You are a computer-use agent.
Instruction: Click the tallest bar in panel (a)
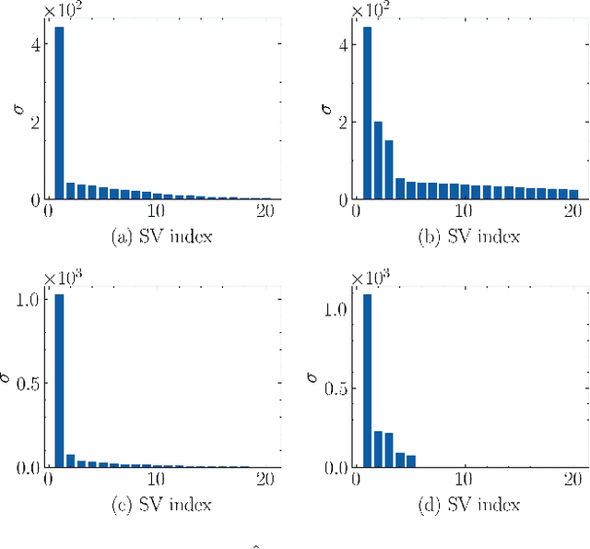point(59,113)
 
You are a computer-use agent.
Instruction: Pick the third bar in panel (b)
point(389,170)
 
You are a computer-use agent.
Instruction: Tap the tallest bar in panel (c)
point(59,381)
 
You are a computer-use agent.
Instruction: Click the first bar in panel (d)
point(367,381)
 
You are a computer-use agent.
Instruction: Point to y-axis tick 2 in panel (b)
point(342,122)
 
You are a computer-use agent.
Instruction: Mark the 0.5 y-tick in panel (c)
point(27,384)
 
